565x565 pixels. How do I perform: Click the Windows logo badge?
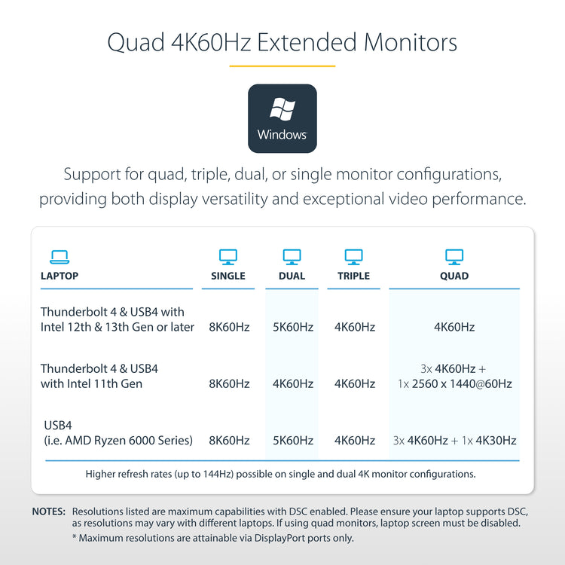282,118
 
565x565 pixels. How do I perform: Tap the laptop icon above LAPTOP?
60,257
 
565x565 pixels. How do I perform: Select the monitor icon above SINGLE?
228,257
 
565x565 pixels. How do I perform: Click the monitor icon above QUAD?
454,257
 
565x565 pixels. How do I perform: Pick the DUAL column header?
292,276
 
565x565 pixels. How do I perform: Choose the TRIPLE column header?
353,276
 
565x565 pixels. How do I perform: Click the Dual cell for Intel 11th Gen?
293,383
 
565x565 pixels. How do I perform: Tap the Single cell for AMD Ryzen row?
229,441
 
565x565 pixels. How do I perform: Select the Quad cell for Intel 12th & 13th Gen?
454,327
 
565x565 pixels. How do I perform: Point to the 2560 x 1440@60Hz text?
462,383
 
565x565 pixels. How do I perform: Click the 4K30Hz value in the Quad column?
496,441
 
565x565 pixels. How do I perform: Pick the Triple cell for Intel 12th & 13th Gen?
355,327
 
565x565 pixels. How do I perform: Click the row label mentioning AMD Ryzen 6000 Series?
118,432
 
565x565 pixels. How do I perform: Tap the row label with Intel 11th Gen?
99,376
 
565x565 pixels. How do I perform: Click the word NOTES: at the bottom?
49,512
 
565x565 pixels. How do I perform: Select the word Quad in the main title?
136,43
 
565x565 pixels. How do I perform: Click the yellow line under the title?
282,66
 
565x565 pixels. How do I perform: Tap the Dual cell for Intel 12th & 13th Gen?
293,327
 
